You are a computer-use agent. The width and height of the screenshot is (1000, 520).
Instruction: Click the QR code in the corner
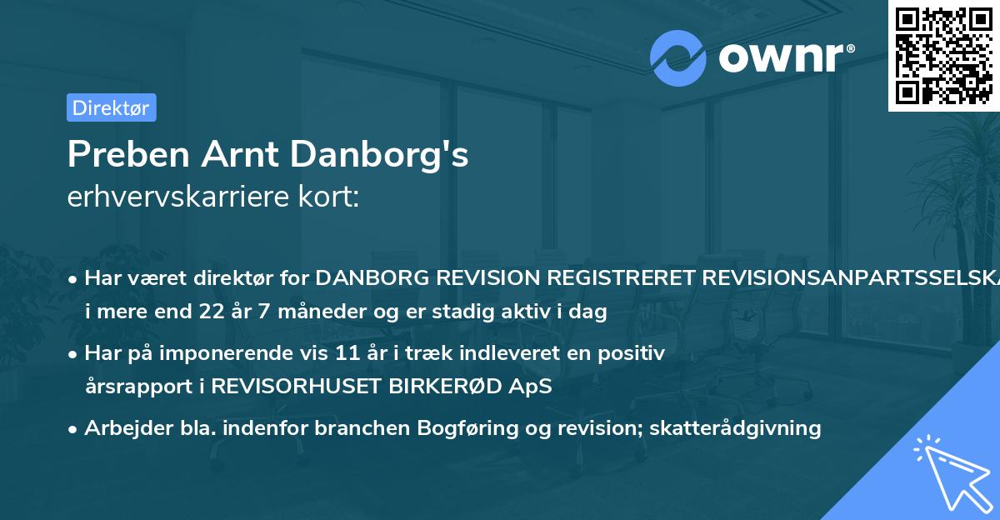[943, 56]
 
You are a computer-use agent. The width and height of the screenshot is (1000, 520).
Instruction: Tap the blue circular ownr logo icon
[678, 57]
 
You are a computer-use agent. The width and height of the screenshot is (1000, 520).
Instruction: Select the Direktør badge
[112, 107]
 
